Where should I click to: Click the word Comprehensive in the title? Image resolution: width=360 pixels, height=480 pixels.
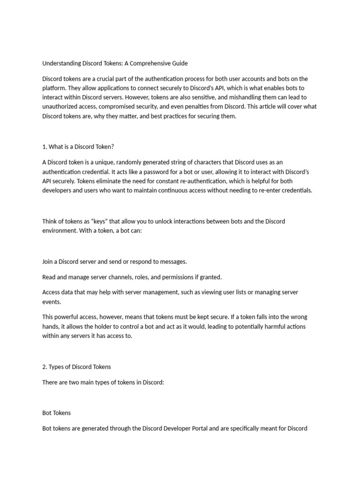pos(146,63)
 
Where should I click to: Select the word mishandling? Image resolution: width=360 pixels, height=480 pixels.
pos(239,97)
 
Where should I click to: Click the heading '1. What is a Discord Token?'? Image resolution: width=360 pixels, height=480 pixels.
pos(78,147)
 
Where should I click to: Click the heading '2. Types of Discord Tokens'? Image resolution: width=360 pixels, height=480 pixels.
pos(76,367)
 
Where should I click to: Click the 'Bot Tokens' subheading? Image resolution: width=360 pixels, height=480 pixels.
pos(56,413)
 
